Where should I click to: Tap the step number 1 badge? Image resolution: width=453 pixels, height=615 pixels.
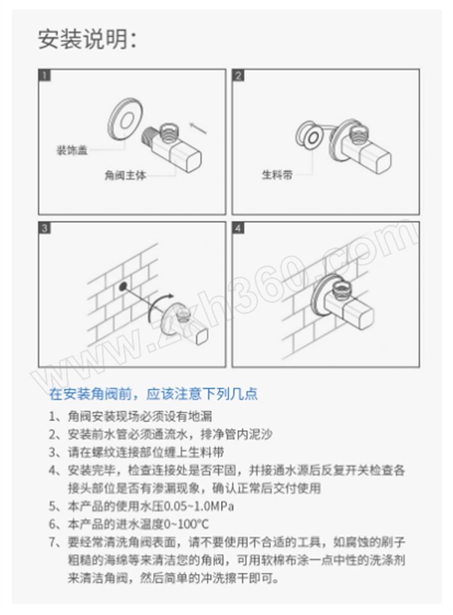point(45,75)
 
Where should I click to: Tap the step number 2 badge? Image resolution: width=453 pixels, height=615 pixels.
point(238,75)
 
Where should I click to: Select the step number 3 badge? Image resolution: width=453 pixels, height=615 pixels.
point(45,228)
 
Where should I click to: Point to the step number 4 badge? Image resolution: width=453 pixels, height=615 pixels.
point(238,228)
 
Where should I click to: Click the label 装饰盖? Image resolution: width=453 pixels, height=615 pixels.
point(72,150)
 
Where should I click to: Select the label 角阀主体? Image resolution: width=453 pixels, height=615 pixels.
point(125,175)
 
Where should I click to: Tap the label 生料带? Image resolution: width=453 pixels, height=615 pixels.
point(277,174)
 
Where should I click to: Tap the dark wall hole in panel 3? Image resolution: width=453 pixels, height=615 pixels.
point(123,286)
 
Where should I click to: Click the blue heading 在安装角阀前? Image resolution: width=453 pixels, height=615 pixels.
point(90,394)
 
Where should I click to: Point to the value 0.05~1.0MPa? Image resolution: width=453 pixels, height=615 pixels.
point(199,506)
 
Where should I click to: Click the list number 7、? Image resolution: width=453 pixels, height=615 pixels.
point(57,542)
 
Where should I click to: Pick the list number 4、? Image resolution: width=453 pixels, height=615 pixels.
point(57,470)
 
